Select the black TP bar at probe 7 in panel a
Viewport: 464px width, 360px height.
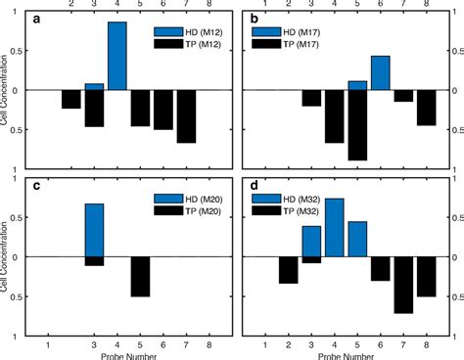tap(187, 116)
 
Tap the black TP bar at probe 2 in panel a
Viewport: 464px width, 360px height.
tap(70, 99)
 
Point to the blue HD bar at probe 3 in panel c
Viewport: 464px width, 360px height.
tap(94, 230)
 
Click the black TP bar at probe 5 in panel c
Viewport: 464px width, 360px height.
tap(140, 276)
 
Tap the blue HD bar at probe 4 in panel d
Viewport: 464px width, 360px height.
tap(334, 227)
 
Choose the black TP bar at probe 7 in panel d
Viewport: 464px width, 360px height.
tap(403, 285)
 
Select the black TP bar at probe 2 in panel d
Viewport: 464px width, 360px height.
tap(288, 270)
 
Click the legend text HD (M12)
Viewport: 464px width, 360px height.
tap(203, 31)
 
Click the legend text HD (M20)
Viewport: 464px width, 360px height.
tap(203, 199)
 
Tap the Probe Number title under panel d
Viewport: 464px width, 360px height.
tap(348, 353)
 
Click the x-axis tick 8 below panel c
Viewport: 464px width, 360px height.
tap(209, 344)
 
